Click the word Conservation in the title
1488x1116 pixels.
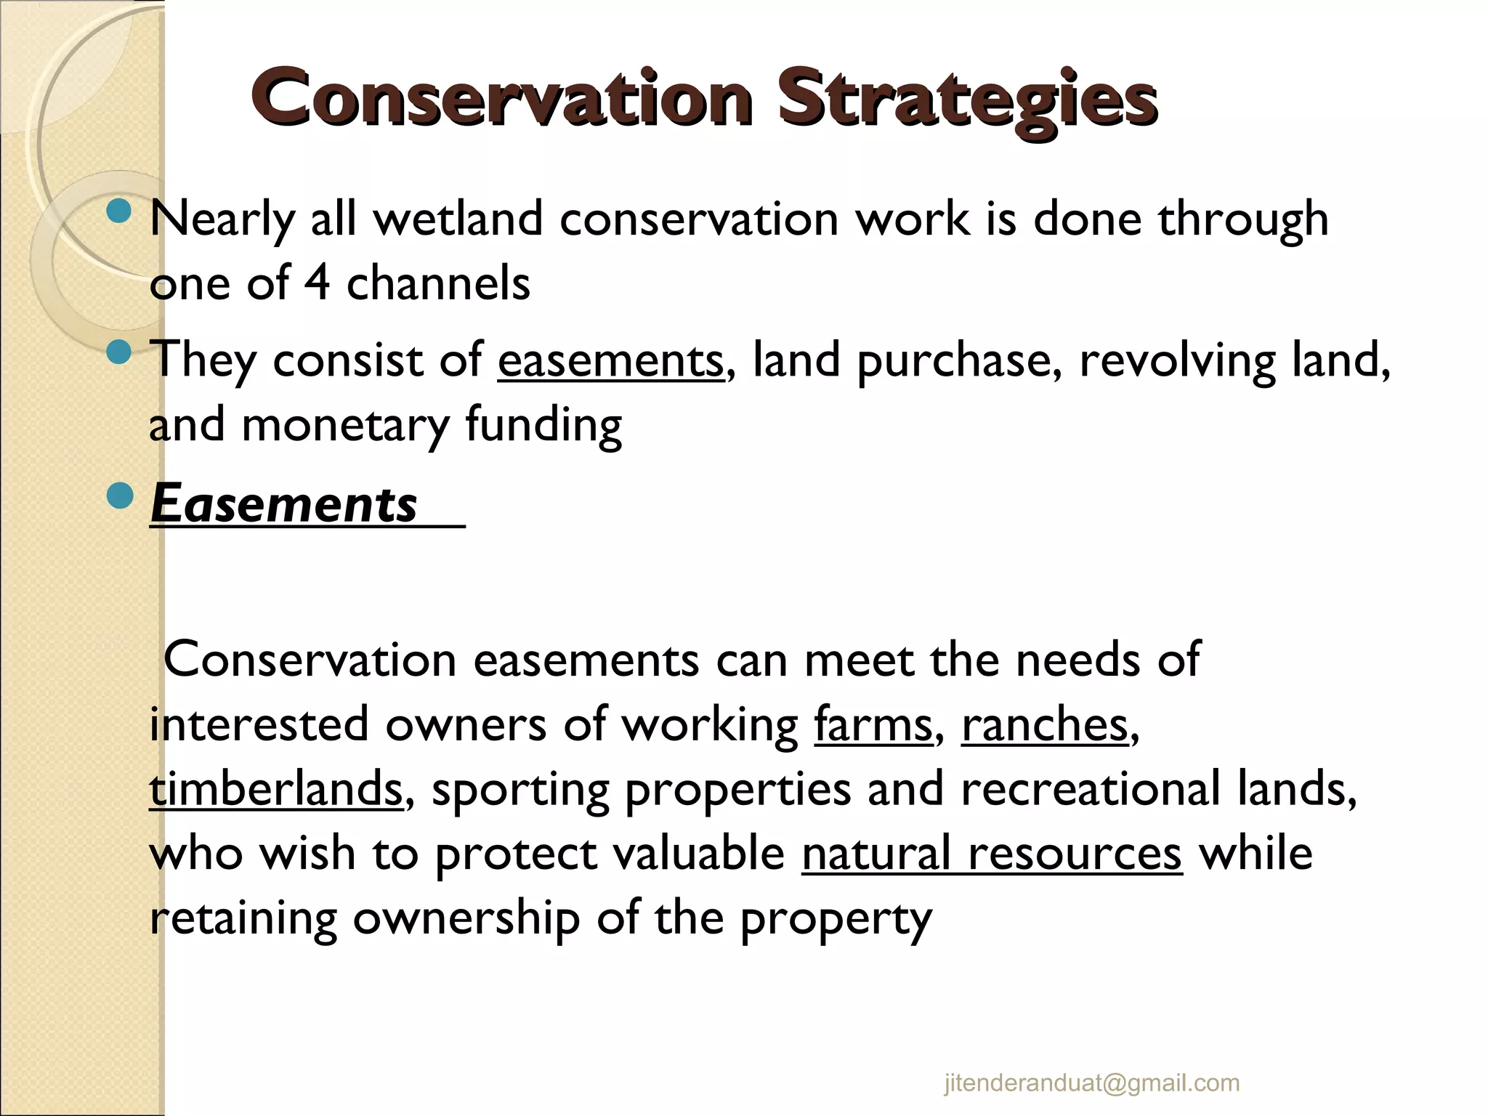point(501,100)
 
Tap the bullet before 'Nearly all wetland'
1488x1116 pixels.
point(118,212)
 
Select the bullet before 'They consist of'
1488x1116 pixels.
point(118,354)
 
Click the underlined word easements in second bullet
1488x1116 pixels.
point(610,360)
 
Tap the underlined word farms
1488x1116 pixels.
point(872,724)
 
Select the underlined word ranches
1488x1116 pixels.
point(1045,724)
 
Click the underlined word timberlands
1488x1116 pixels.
point(275,789)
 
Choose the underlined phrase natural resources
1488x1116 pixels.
point(992,853)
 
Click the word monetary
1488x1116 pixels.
point(344,425)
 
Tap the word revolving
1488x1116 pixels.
point(1176,360)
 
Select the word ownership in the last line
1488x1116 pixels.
point(466,918)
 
